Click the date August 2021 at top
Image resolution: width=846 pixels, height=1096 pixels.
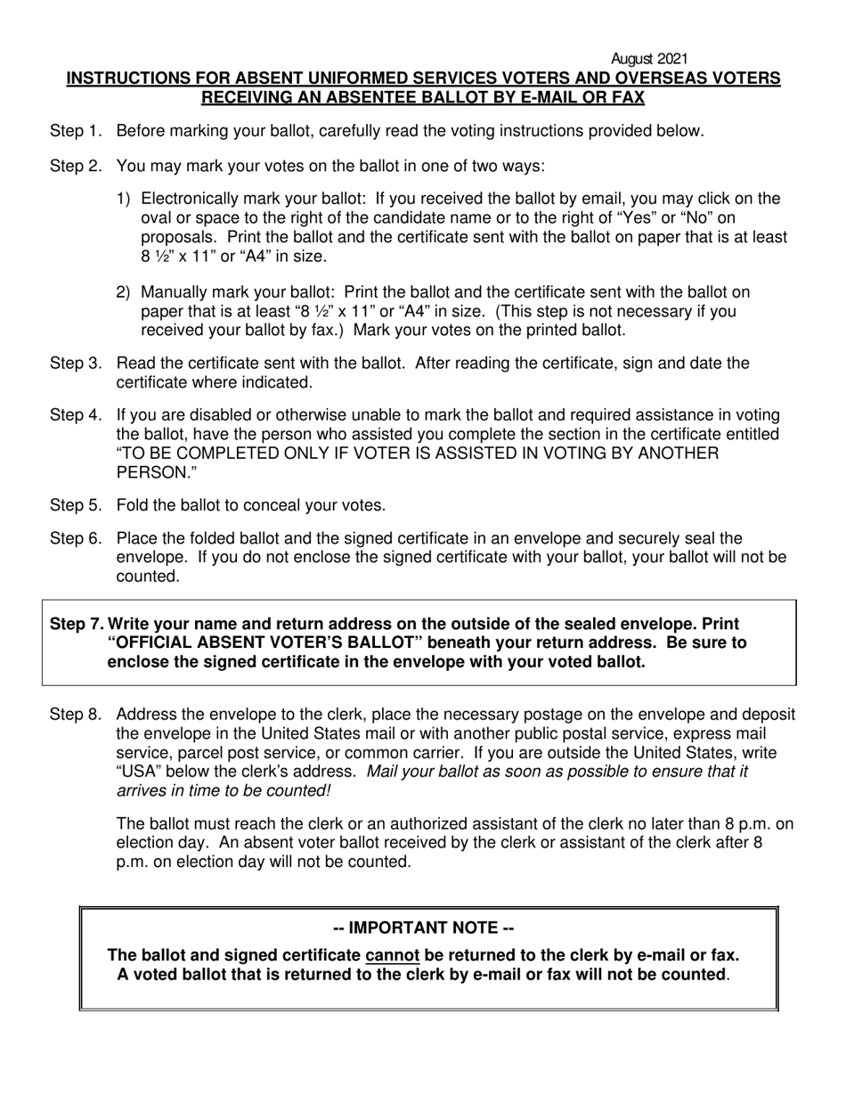650,60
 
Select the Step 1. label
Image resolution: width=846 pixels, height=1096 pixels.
76,132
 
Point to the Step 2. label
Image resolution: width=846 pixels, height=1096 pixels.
76,166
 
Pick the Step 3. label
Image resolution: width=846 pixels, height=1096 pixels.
76,364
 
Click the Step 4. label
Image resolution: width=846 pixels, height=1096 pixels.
76,415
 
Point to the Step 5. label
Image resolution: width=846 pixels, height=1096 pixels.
76,506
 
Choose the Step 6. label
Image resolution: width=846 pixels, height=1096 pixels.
76,539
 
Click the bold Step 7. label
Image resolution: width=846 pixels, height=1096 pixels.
77,625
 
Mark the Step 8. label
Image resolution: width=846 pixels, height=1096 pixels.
76,715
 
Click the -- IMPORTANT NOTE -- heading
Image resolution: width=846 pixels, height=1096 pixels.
428,928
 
